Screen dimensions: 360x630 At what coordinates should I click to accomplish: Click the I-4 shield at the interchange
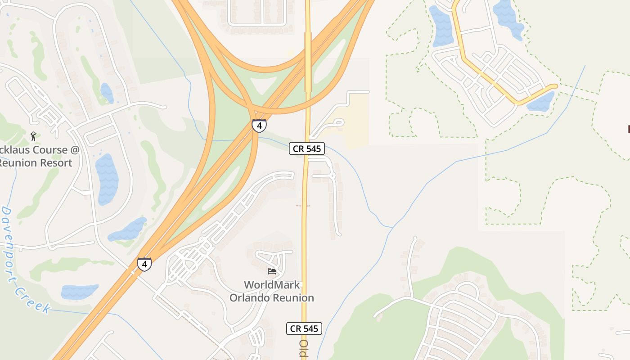point(259,126)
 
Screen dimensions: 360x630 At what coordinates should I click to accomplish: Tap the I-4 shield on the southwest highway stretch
point(144,264)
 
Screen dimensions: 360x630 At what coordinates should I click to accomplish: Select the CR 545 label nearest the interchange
point(306,148)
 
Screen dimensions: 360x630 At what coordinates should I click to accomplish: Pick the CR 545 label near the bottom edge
point(304,328)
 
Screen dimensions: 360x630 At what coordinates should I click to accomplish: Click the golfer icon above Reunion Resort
point(33,136)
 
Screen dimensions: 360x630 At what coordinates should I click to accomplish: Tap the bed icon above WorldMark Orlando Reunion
point(272,271)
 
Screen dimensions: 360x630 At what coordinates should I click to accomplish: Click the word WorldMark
point(271,285)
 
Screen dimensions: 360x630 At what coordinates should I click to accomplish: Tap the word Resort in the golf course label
point(53,163)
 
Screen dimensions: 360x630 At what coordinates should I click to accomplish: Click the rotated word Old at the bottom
point(303,348)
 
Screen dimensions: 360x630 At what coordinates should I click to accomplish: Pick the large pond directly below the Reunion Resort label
point(107,179)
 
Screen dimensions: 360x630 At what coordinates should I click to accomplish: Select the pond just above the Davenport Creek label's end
point(79,292)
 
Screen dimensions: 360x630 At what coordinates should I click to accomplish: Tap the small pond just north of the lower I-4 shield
point(128,229)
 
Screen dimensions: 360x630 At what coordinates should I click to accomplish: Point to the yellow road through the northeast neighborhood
point(486,74)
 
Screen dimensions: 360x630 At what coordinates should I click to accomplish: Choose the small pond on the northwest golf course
point(107,93)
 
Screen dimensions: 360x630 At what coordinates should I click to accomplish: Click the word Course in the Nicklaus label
point(44,150)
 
